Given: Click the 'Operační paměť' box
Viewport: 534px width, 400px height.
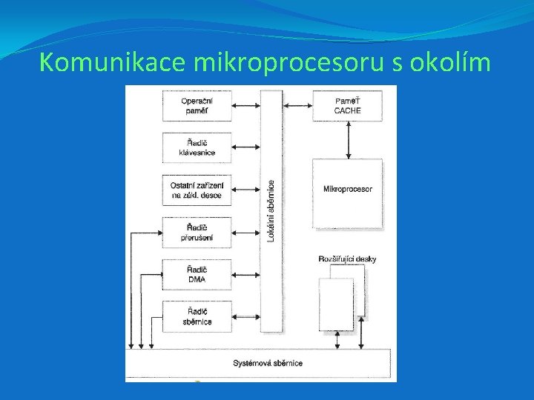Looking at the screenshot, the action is coord(197,106).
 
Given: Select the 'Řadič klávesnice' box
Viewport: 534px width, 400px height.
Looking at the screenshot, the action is coord(197,147).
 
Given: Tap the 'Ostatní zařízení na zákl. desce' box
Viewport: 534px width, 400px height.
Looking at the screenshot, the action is coord(197,190).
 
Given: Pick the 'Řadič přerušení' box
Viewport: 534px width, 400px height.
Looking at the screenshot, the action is coord(197,232).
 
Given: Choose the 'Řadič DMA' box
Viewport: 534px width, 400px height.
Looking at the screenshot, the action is coord(197,274).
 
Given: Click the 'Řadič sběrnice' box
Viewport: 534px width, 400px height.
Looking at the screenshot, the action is coord(197,316).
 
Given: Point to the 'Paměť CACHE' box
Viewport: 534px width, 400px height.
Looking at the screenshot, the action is coord(347,106).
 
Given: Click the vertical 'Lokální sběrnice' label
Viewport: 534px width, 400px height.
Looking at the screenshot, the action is coord(271,210).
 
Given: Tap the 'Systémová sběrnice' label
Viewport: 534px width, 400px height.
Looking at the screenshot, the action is coord(268,363).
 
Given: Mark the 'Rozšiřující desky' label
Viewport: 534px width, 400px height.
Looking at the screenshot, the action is coord(347,259).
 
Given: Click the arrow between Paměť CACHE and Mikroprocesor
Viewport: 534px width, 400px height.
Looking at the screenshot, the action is coord(347,140).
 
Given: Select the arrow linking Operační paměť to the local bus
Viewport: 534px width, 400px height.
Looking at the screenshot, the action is coord(245,106).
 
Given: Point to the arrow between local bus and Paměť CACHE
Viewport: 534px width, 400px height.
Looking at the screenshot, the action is coord(297,106).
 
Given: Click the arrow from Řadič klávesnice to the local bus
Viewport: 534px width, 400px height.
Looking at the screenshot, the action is coord(245,147).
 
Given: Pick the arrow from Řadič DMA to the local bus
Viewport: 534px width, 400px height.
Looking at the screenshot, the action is coord(245,274).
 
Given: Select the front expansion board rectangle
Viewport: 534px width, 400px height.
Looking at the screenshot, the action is coord(336,304).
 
